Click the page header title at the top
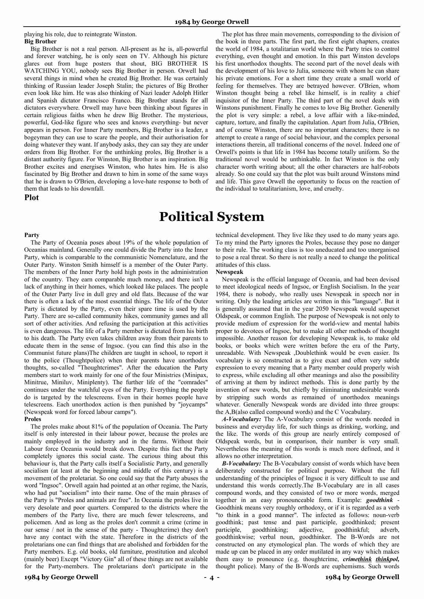pos(211,22)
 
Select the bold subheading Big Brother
pos(40,42)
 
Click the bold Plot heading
pos(31,197)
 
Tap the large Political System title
pos(211,217)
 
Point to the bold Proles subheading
pos(33,419)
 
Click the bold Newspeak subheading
pos(229,272)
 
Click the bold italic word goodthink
pos(379,500)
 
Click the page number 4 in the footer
pos(211,577)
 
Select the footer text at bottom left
pos(61,577)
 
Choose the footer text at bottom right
pos(362,577)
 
